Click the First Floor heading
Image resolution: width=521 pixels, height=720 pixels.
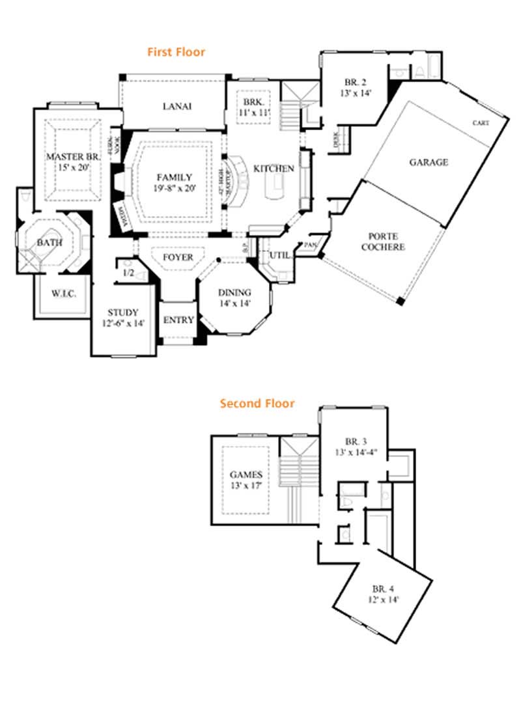pyautogui.click(x=176, y=51)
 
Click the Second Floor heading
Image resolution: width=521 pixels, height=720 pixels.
pyautogui.click(x=257, y=404)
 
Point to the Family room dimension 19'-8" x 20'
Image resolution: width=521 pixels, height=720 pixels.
pyautogui.click(x=174, y=188)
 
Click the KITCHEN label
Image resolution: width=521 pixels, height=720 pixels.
pyautogui.click(x=274, y=169)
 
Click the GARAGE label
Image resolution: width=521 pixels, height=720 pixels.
pyautogui.click(x=428, y=162)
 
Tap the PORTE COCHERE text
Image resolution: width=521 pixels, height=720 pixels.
pyautogui.click(x=386, y=242)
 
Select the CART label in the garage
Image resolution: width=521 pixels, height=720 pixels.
pyautogui.click(x=481, y=123)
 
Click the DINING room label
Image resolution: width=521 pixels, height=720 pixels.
pyautogui.click(x=234, y=292)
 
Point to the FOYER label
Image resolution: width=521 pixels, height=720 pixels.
pyautogui.click(x=178, y=258)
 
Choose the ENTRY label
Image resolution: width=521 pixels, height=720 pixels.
pyautogui.click(x=178, y=320)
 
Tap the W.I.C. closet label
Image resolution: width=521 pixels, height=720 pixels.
pyautogui.click(x=64, y=294)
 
